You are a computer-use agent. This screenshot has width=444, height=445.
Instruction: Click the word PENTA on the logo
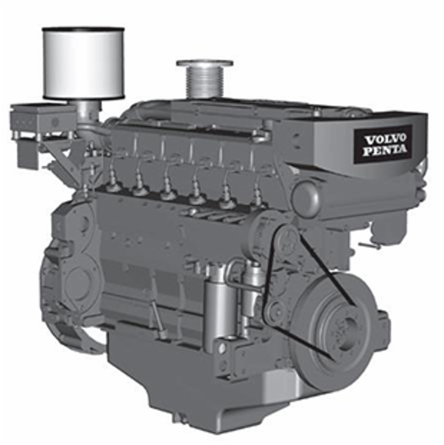click(x=385, y=150)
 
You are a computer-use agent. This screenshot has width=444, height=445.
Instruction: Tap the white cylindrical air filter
click(x=84, y=63)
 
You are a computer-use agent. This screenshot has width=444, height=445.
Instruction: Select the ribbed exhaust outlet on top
click(x=204, y=80)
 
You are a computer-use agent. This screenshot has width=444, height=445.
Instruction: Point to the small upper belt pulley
click(x=287, y=239)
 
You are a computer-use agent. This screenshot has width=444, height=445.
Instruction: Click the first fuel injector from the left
click(x=113, y=182)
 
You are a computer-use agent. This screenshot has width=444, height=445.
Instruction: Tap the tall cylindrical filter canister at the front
click(x=219, y=306)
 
